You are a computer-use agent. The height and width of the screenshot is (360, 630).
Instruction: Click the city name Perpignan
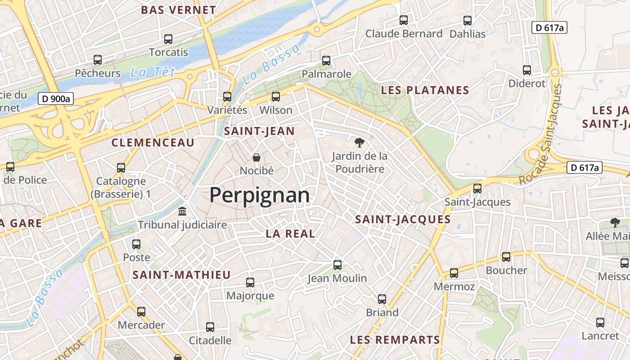coord(260,195)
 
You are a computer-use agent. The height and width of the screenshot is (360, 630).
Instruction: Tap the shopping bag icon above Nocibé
coord(256,157)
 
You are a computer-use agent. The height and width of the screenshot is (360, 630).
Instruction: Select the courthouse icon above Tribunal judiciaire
coord(183,211)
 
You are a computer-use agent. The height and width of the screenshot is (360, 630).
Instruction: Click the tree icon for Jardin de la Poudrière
coord(359,143)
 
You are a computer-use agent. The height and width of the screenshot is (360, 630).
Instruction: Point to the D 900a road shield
coord(55,99)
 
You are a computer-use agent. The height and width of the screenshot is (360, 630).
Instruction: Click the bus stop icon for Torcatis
coord(168,39)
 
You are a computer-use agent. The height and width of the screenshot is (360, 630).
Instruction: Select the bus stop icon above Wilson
coord(276,97)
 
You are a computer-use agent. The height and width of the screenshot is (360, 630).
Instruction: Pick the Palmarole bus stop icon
coord(326,60)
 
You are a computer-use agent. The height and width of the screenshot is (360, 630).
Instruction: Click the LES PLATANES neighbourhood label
coord(425,90)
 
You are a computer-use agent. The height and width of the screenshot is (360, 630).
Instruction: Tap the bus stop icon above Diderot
coord(527,70)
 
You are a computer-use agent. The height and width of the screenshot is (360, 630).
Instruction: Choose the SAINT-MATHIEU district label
coord(181,275)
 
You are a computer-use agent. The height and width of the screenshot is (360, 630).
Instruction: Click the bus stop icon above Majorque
coord(250,283)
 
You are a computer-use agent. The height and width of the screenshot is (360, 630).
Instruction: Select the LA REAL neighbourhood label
coord(290,234)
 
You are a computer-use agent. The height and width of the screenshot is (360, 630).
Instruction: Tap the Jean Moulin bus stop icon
coord(337,265)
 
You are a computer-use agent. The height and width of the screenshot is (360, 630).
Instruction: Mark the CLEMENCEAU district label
coord(153,143)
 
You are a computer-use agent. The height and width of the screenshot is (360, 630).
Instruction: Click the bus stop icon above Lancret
coord(600,323)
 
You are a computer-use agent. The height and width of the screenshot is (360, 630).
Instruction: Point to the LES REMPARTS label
coord(395,340)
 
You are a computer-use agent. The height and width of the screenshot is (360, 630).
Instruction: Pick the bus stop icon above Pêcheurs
coord(98,60)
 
